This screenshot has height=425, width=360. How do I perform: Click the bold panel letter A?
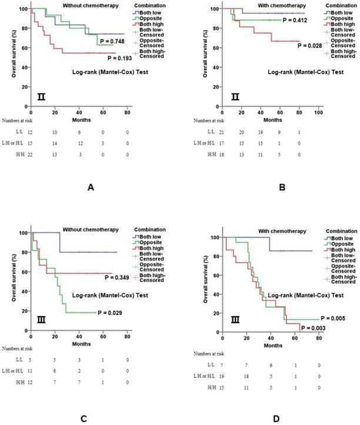click(x=90, y=186)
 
